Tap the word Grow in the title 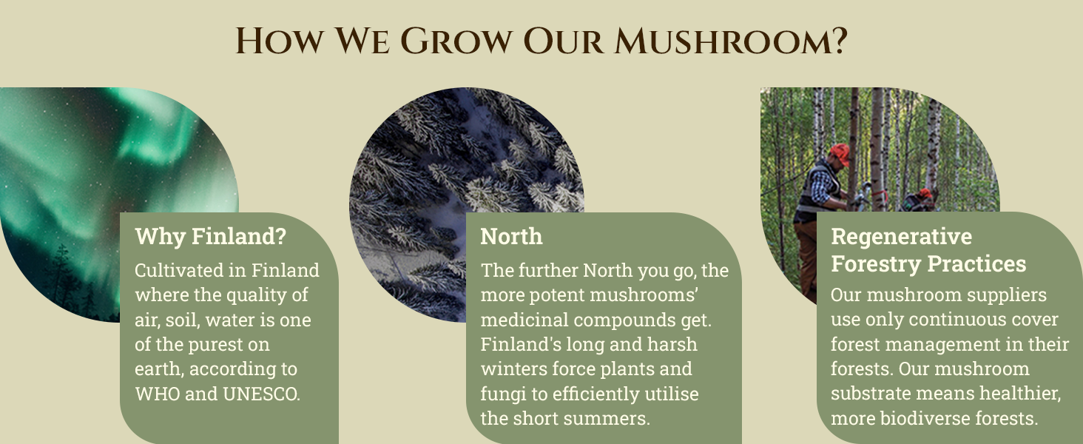(x=456, y=41)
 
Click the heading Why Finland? (x=211, y=237)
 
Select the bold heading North (x=511, y=237)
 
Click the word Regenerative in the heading (x=902, y=237)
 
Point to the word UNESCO (x=262, y=394)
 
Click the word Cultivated (x=180, y=270)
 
